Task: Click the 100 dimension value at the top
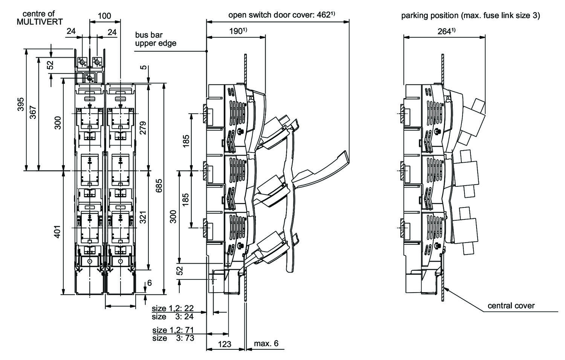(x=104, y=16)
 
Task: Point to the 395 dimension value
(x=21, y=105)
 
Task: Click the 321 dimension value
(x=143, y=217)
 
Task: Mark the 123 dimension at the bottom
(x=224, y=344)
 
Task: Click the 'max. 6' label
(x=266, y=343)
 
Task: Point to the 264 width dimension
(x=445, y=32)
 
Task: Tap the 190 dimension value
(x=236, y=32)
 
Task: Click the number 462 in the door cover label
(x=325, y=15)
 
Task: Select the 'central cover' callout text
(x=511, y=305)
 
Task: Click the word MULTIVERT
(x=40, y=22)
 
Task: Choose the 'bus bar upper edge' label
(x=156, y=39)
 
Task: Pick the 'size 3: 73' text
(x=173, y=338)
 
